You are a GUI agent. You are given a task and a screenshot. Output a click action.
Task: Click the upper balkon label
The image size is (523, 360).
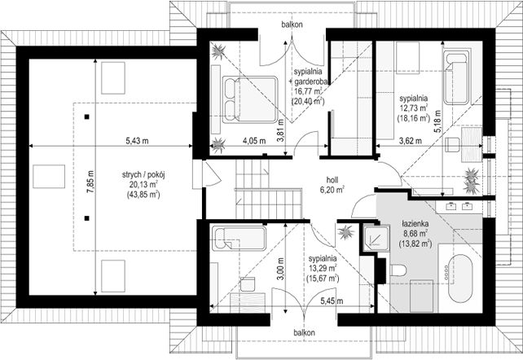(292, 24)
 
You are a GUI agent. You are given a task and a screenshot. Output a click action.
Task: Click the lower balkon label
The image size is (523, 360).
(304, 332)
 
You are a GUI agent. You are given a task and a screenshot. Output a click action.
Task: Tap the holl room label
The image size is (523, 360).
(332, 180)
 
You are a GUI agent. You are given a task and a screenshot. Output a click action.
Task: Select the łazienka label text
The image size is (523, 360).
(415, 223)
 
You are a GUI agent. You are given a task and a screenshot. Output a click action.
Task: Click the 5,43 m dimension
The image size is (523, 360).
(137, 141)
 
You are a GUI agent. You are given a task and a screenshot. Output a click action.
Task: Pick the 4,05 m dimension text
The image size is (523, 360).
(254, 141)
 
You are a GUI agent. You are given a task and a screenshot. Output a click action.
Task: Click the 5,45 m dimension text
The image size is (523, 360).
(332, 301)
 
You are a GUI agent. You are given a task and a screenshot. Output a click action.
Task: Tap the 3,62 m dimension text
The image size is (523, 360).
(411, 141)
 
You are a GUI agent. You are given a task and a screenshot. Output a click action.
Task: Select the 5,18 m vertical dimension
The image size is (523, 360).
(437, 121)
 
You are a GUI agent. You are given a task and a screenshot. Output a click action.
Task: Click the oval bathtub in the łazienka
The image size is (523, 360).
(460, 279)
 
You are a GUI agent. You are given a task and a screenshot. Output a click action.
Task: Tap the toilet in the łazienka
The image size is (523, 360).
(398, 270)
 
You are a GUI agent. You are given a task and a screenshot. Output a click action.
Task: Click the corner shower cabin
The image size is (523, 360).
(376, 238)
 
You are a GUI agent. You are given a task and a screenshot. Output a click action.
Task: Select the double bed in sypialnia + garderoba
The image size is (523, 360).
(249, 99)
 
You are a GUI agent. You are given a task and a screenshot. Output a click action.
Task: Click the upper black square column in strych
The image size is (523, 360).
(86, 116)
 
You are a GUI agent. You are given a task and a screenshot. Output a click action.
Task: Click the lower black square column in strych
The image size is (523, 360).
(86, 218)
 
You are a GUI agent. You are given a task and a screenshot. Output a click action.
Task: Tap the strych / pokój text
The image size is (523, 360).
(143, 175)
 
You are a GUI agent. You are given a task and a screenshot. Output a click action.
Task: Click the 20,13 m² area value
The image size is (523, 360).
(143, 185)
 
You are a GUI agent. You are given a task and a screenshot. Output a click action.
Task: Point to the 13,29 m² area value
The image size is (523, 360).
(323, 268)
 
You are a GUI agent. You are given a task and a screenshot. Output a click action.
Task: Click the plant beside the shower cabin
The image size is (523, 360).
(345, 232)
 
